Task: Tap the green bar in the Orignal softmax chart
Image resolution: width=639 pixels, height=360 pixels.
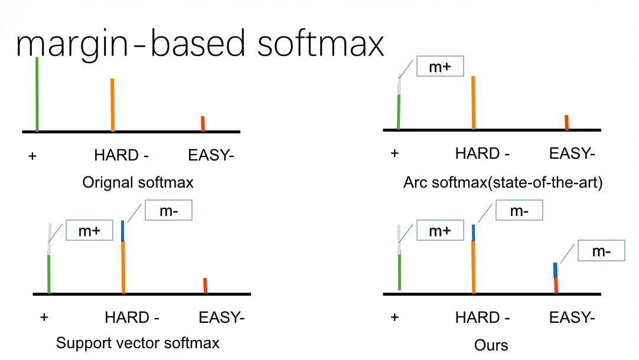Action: click(x=37, y=94)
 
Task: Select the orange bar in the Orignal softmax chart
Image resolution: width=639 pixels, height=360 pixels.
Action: click(x=112, y=104)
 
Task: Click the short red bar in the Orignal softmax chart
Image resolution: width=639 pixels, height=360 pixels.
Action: click(x=203, y=124)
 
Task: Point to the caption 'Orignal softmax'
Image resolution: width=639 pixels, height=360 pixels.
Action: click(x=138, y=182)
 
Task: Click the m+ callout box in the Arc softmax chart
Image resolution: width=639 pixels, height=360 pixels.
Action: click(x=439, y=67)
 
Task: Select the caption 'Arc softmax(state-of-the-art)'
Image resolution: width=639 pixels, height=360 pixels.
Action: click(x=503, y=182)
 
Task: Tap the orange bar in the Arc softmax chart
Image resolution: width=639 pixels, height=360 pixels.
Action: click(x=473, y=102)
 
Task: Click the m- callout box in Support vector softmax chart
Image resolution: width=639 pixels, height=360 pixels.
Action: click(x=168, y=211)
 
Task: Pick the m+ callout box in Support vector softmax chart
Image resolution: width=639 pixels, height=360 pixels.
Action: click(x=89, y=231)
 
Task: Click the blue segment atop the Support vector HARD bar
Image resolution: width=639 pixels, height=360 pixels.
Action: click(x=123, y=231)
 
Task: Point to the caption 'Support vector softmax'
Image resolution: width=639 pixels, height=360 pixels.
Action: click(x=138, y=343)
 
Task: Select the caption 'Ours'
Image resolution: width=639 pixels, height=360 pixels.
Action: click(x=491, y=345)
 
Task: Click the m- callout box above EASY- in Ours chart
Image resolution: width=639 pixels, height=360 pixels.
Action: click(x=601, y=252)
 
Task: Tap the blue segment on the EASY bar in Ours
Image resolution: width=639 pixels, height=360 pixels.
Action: click(x=555, y=270)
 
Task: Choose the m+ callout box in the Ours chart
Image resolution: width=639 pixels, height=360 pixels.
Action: click(x=439, y=231)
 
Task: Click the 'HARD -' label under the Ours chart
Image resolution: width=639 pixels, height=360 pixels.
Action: click(x=482, y=318)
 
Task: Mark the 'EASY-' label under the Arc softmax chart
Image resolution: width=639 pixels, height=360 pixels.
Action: click(x=572, y=154)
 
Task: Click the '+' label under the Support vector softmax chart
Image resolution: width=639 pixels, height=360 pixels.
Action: click(x=44, y=318)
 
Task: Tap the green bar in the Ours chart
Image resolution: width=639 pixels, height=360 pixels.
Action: click(x=400, y=271)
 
